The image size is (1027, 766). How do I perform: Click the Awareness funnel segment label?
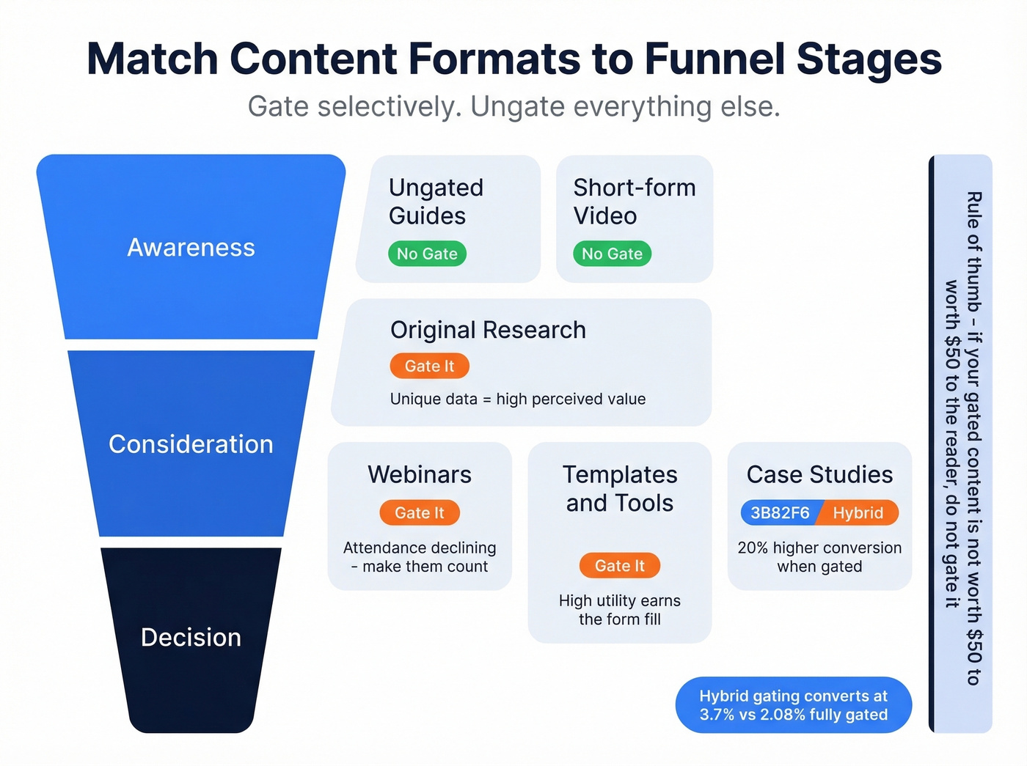tap(191, 248)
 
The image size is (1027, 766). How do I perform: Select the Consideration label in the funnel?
tap(191, 444)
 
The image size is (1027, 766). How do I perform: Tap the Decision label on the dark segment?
tap(191, 637)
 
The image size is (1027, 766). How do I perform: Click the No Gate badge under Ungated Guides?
tap(427, 254)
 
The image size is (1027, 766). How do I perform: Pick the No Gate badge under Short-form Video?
tap(612, 254)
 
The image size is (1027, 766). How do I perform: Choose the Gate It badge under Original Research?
tap(429, 366)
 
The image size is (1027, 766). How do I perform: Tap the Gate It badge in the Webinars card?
tap(420, 513)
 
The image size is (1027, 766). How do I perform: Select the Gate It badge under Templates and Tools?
tap(620, 566)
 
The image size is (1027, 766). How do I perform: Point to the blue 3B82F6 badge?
tap(779, 513)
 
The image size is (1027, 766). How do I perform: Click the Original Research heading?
tap(488, 330)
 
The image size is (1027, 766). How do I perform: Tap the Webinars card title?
tap(420, 474)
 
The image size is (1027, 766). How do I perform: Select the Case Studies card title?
tap(819, 474)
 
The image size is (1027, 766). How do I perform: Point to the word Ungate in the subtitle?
tap(517, 106)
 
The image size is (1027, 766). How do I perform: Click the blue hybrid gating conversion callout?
tap(793, 705)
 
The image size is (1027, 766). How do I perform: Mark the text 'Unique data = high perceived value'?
tap(518, 399)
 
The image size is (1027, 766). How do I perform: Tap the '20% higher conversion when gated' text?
tap(819, 557)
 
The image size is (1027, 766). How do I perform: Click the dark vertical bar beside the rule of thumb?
tap(932, 443)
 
